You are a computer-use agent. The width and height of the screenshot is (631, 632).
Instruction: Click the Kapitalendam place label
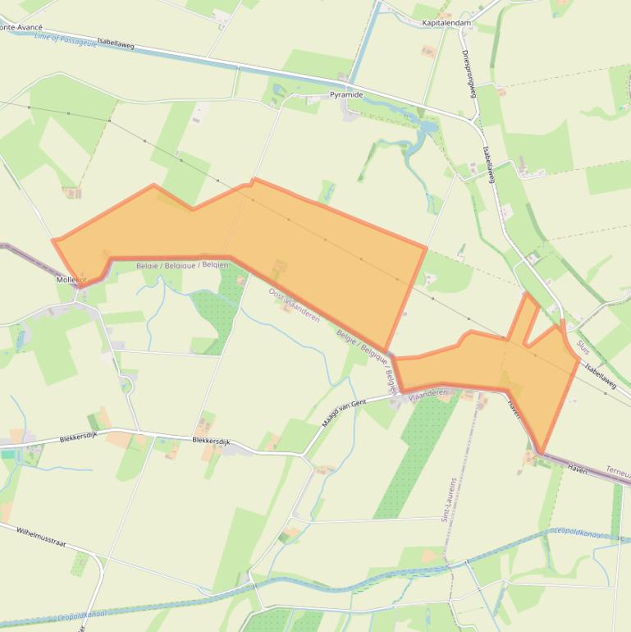(x=446, y=23)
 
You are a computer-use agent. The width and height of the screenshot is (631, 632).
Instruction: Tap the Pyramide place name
(x=346, y=94)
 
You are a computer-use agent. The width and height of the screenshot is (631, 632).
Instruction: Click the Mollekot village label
(x=71, y=279)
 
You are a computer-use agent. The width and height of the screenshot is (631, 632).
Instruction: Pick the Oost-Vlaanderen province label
(x=294, y=304)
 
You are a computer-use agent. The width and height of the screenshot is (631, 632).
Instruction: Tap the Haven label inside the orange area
(x=514, y=405)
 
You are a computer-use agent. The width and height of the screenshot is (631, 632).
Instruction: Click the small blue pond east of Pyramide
(x=428, y=128)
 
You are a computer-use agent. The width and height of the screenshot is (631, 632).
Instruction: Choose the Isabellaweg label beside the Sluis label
(x=601, y=374)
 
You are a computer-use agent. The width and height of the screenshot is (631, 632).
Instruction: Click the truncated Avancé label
(x=20, y=27)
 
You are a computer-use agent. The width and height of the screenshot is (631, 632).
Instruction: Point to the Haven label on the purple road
(x=577, y=468)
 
